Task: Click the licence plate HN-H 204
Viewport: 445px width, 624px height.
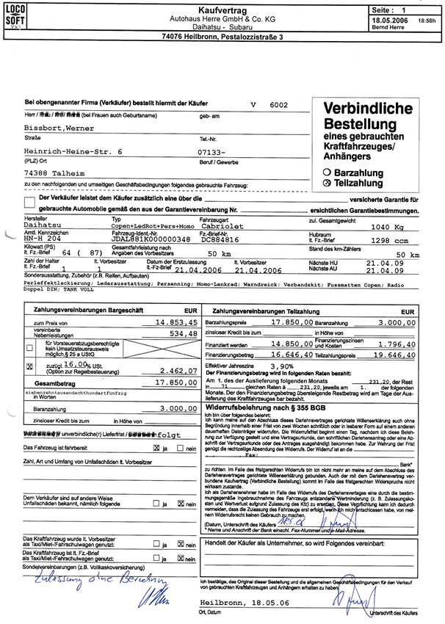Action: (x=43, y=239)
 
